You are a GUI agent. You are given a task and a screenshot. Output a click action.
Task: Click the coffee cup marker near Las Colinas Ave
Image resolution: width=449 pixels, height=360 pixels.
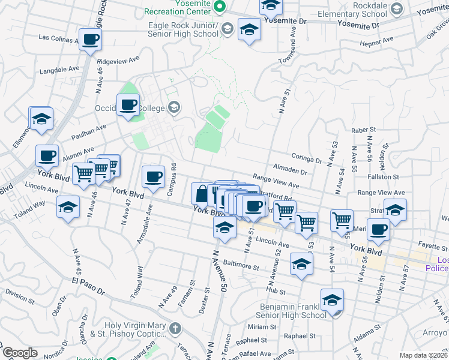[x=90, y=40]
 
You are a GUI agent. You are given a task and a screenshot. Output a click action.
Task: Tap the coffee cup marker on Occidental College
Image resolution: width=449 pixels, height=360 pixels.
[x=128, y=105]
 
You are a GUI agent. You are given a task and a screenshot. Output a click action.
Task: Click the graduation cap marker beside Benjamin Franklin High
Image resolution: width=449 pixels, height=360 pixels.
[x=332, y=301]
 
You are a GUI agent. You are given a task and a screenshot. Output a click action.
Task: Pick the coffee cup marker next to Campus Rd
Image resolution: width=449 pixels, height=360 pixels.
[x=153, y=177]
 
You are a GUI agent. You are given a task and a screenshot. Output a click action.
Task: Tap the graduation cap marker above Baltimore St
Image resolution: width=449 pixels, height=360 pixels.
[x=301, y=264]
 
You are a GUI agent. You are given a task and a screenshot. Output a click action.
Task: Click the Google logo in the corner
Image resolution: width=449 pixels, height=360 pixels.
[x=20, y=353]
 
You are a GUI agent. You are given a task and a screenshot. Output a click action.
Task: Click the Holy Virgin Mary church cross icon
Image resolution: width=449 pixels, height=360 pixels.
[x=175, y=328]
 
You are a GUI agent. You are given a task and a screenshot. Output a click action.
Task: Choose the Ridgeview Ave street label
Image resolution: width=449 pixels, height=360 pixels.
[x=118, y=61]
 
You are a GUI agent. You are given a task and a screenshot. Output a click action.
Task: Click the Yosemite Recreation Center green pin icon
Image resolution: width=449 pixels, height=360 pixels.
[x=220, y=7]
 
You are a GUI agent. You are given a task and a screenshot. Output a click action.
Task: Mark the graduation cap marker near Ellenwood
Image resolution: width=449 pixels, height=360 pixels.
[x=41, y=119]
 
